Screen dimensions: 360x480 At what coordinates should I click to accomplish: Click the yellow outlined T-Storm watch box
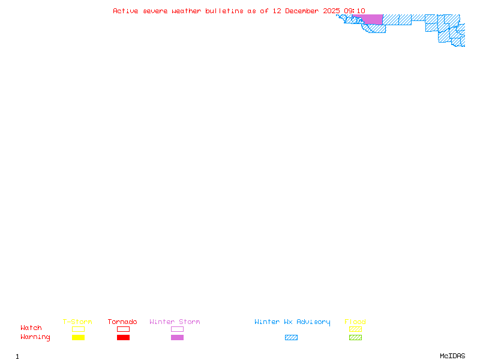78,329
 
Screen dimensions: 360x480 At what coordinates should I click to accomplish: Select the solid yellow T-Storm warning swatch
78,338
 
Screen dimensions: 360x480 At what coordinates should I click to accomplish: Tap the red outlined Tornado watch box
123,329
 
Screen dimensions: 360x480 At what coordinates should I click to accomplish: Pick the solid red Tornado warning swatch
123,338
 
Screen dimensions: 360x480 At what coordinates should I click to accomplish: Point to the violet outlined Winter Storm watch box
177,329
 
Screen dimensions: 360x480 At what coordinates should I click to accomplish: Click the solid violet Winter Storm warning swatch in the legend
177,338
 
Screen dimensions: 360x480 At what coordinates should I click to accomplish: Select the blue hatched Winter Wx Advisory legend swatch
291,338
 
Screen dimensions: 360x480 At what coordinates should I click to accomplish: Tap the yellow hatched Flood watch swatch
355,329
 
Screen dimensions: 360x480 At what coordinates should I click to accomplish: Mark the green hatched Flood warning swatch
355,338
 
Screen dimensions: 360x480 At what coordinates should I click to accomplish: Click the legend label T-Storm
77,322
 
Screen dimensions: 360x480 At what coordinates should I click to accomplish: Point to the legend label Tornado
122,322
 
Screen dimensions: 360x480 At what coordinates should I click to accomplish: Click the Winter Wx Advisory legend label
292,322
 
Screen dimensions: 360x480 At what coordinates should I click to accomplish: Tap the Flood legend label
355,322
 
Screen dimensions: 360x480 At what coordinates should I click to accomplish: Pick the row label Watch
31,328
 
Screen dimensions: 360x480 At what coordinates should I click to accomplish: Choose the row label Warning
35,337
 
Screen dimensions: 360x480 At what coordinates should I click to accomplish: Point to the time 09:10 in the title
355,11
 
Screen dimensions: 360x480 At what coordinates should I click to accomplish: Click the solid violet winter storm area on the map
373,19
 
